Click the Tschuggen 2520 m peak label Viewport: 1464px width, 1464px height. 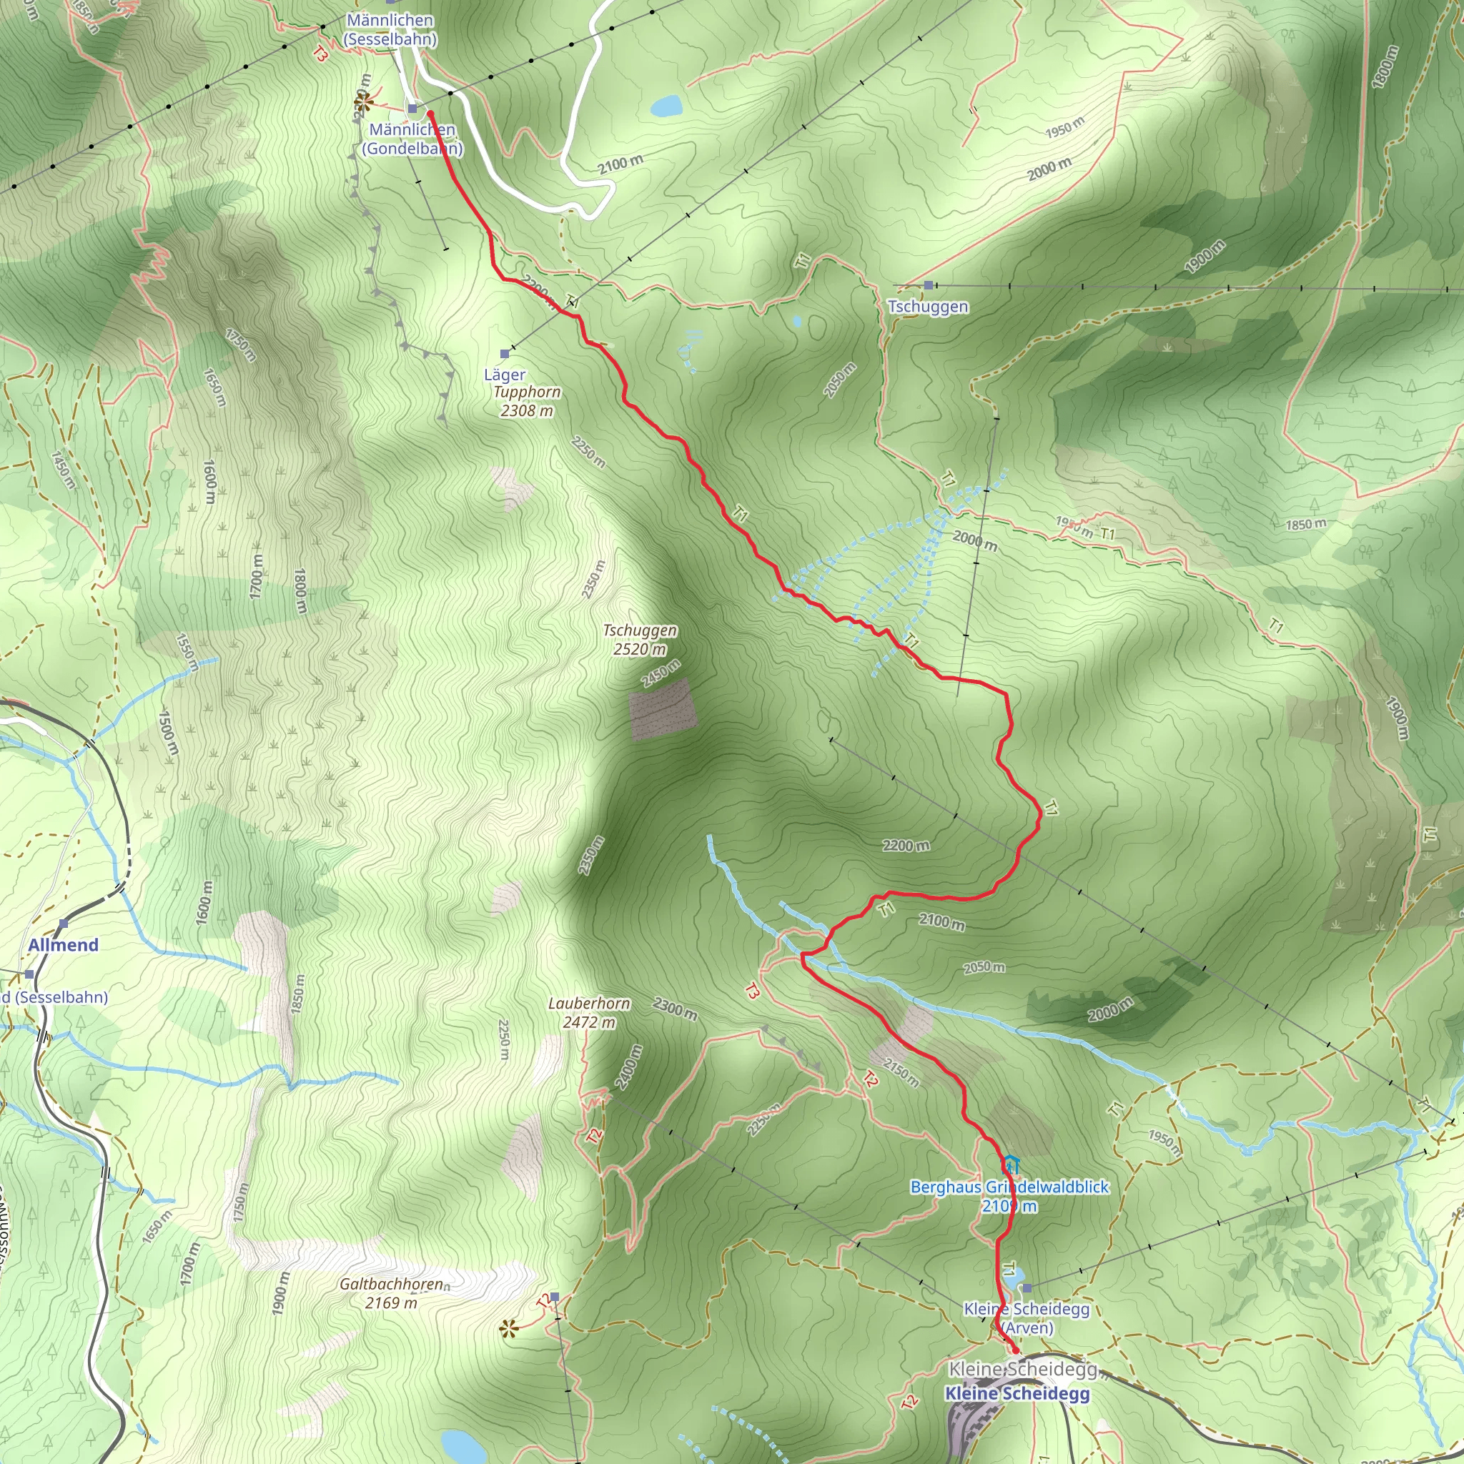click(x=640, y=640)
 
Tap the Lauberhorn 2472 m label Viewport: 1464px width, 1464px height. click(x=589, y=1012)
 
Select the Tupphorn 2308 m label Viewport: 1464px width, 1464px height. click(x=527, y=401)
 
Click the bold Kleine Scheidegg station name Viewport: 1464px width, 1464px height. click(x=1017, y=1393)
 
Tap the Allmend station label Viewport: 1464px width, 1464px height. click(x=64, y=945)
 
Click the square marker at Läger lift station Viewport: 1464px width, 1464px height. click(x=505, y=354)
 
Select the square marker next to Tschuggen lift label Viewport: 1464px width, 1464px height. click(x=929, y=285)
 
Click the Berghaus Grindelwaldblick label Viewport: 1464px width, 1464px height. click(x=1009, y=1187)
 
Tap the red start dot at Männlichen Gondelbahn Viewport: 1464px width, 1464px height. click(x=430, y=114)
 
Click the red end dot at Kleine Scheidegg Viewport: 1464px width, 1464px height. click(x=1015, y=1350)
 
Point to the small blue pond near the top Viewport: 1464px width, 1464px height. click(x=667, y=105)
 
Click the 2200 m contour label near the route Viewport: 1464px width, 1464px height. click(x=906, y=846)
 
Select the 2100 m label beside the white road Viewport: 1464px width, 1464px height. click(x=620, y=164)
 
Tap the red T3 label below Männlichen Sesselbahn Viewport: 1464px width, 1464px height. click(x=320, y=54)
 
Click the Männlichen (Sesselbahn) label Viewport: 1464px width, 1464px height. click(x=390, y=29)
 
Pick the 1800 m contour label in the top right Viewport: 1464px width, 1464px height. click(x=1385, y=66)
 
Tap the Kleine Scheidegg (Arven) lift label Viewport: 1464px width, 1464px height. click(x=1027, y=1317)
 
